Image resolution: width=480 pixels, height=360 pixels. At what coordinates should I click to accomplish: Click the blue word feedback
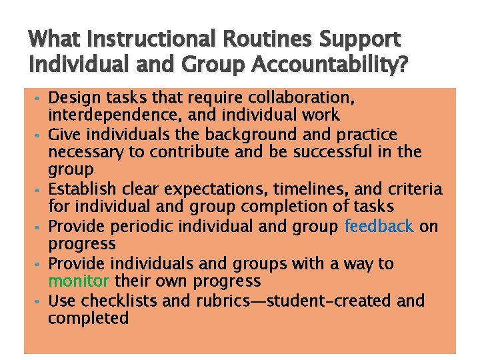point(379,227)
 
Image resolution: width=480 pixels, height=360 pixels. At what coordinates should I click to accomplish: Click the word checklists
point(117,301)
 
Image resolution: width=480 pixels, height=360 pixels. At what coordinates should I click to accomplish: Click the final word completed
point(88,319)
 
